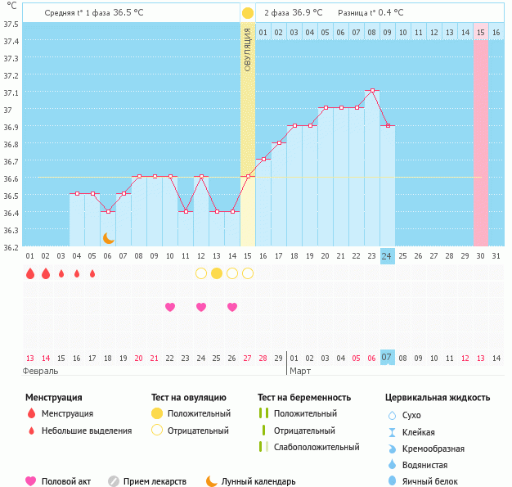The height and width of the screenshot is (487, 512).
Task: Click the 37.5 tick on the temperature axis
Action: [x=11, y=24]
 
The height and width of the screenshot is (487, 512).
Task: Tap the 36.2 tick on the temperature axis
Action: [x=11, y=246]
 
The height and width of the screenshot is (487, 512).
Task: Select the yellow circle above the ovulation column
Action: [x=248, y=13]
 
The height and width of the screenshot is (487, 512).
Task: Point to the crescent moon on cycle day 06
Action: [x=108, y=238]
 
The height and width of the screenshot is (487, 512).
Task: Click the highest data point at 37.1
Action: [x=372, y=91]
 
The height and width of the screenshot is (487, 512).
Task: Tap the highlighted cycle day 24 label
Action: [x=388, y=256]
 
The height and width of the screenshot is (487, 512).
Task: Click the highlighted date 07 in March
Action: [x=388, y=358]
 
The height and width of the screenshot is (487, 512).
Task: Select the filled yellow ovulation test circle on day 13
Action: [x=217, y=273]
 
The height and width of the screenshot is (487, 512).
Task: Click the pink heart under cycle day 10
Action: [x=170, y=307]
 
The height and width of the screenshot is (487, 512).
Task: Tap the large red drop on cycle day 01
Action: [x=30, y=273]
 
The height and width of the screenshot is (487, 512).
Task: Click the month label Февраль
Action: [x=41, y=372]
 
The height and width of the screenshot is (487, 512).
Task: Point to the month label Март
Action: [x=300, y=372]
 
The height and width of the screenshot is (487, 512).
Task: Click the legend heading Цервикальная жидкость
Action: [x=438, y=398]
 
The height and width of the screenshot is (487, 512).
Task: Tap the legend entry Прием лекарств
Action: [x=155, y=482]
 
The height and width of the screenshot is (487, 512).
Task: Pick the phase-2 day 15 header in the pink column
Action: [x=481, y=32]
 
